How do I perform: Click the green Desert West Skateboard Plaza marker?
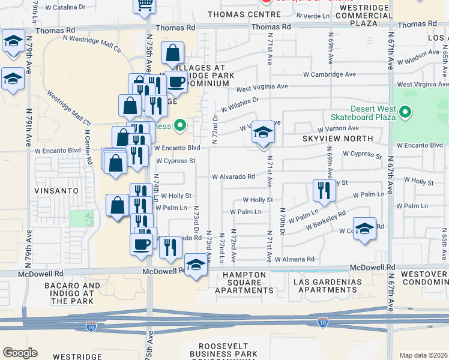(x=405, y=112)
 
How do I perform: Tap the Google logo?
(x=20, y=353)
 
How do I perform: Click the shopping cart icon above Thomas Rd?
(x=144, y=6)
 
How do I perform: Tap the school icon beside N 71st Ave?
(x=262, y=133)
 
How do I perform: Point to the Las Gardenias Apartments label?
(x=324, y=286)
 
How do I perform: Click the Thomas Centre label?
(x=236, y=14)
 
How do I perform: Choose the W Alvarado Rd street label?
(x=234, y=176)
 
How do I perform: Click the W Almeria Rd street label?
(x=295, y=259)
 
